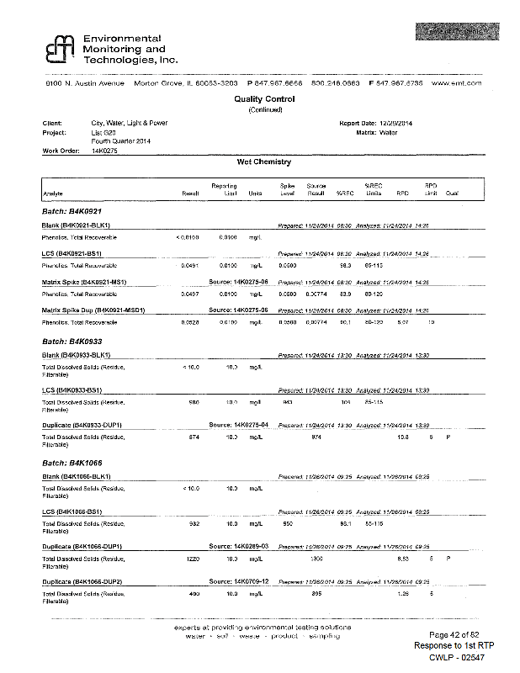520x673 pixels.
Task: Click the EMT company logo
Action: (60, 51)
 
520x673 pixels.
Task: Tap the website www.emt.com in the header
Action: (456, 83)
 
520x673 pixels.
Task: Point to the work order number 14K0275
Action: (105, 151)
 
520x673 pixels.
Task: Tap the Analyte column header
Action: (52, 193)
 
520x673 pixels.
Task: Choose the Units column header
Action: (255, 193)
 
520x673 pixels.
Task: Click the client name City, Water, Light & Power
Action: (129, 124)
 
